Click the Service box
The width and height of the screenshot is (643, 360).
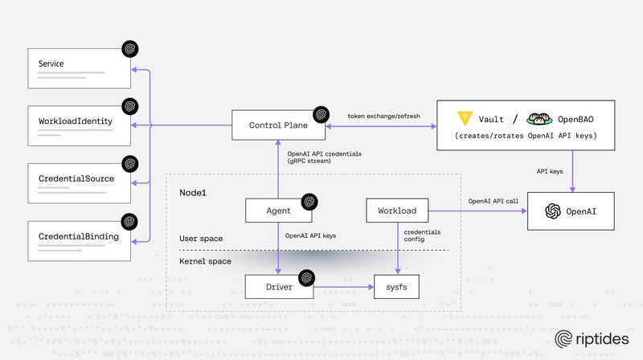(78, 69)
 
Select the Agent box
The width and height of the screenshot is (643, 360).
(278, 211)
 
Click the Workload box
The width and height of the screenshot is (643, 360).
(397, 211)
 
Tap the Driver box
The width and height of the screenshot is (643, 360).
(278, 287)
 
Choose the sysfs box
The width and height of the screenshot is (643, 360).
(397, 287)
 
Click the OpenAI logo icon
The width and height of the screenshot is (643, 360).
(552, 211)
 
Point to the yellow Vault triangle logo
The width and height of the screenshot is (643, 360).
(465, 119)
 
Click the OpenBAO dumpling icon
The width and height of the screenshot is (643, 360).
(538, 119)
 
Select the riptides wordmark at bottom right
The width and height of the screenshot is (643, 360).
(595, 339)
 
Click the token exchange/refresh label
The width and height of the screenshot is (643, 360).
(383, 116)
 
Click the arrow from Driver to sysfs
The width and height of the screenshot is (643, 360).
(344, 287)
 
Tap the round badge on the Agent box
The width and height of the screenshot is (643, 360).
(307, 201)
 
